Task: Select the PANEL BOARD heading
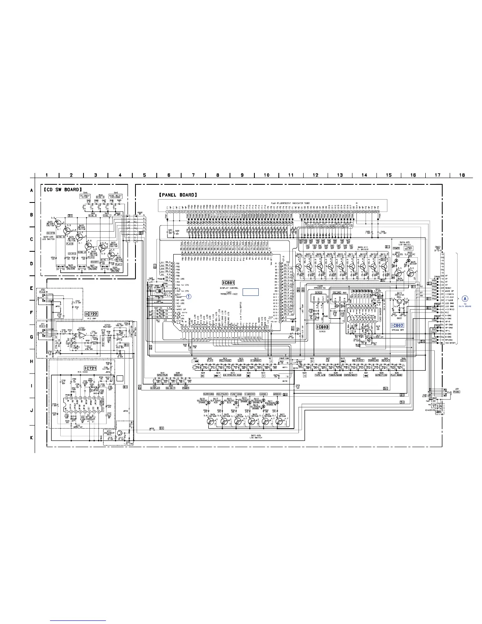coord(178,195)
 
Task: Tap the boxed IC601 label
coord(228,282)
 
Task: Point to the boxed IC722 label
coord(91,314)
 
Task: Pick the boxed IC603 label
coord(323,327)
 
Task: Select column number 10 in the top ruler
coord(267,175)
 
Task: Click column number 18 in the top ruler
coord(462,175)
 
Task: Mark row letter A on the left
coord(32,190)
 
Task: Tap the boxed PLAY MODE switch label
coord(397,375)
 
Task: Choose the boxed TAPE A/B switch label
coord(320,375)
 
